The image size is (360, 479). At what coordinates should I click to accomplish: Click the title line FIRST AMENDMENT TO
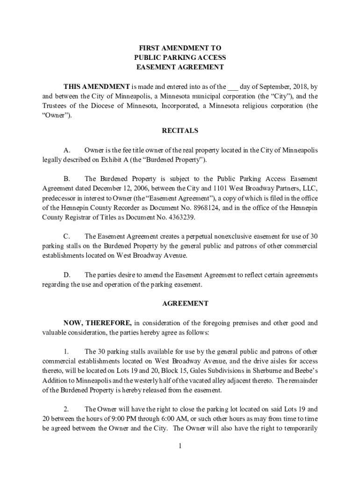(x=180, y=48)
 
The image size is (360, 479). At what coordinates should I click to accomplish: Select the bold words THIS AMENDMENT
(x=96, y=87)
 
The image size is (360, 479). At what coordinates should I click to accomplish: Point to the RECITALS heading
(x=180, y=131)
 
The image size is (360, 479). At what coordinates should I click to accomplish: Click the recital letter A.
(x=67, y=151)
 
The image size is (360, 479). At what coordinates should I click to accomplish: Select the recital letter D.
(x=67, y=275)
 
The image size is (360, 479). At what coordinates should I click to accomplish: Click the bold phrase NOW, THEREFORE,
(x=98, y=323)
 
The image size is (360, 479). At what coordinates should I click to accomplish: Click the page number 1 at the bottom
(x=180, y=445)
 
